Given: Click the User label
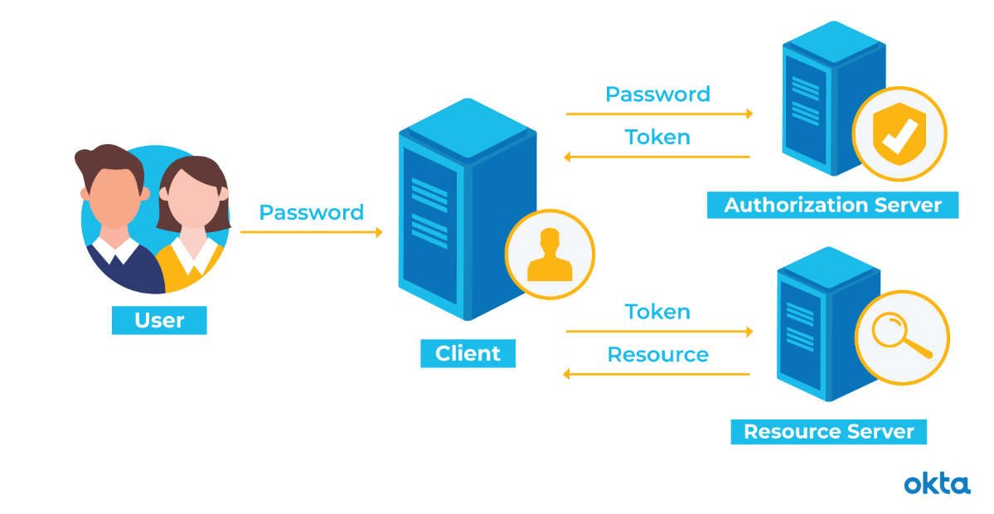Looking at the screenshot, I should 159,320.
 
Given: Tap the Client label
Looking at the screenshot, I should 468,353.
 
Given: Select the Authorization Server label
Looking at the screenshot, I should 832,205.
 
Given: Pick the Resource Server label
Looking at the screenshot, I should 828,431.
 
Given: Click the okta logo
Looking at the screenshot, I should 937,483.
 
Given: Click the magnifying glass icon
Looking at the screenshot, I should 901,337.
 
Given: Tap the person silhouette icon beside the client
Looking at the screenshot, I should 550,254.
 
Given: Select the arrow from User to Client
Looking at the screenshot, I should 312,233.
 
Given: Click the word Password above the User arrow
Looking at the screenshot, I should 311,212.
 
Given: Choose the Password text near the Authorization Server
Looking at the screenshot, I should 657,94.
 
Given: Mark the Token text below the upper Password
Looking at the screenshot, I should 657,136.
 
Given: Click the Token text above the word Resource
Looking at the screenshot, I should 657,312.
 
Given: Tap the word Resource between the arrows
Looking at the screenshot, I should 657,355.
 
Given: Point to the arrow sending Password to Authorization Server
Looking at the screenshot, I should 659,114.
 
